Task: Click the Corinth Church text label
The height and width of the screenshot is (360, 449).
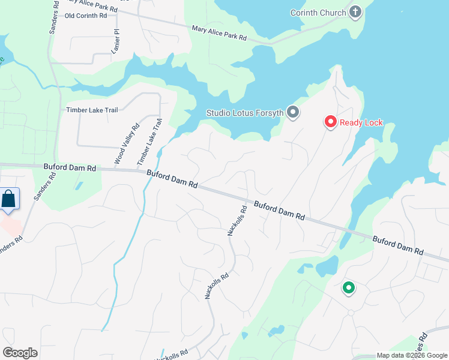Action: coord(318,13)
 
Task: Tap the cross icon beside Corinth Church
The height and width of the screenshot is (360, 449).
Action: coord(355,12)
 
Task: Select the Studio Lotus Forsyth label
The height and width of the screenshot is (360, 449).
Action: coord(245,112)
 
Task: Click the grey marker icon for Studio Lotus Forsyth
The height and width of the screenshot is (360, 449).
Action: coord(293,112)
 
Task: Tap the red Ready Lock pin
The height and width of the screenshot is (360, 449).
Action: coord(330,122)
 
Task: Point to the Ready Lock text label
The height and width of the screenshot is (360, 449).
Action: coord(361,123)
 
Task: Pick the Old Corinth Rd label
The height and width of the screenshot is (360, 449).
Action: coord(85,16)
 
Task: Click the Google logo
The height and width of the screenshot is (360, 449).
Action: coord(20,353)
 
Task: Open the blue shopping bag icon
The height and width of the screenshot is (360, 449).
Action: coord(10,199)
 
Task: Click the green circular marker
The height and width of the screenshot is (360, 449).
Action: coord(348,289)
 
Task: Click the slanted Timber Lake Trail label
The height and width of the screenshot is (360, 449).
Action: coord(150,142)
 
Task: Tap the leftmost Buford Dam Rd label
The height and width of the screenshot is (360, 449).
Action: coord(70,168)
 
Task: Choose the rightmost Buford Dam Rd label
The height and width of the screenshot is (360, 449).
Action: coord(398,244)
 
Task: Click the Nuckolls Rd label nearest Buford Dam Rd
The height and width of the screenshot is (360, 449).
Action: coord(238,221)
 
